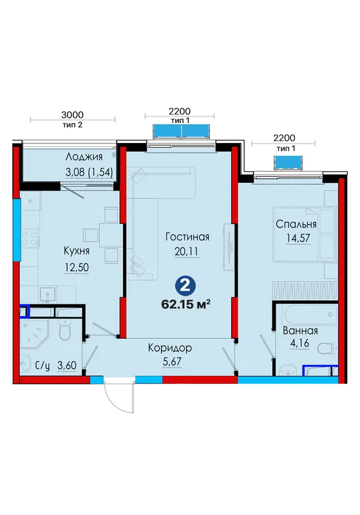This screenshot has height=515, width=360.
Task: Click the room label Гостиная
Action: [187, 237]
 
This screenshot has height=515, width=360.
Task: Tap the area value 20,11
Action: [187, 252]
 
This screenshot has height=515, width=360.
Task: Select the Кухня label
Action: [76, 251]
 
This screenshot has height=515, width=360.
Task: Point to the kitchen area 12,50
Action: [77, 267]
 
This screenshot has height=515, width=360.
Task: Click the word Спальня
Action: [296, 224]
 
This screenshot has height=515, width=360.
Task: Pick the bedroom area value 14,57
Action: [298, 238]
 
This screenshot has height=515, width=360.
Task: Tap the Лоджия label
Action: [84, 156]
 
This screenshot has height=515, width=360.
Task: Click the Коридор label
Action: [170, 348]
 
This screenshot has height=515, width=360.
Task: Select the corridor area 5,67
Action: [172, 362]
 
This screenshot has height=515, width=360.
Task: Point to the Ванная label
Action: [300, 330]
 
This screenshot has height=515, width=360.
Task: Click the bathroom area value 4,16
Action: [299, 343]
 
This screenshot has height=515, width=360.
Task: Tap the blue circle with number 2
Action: [185, 286]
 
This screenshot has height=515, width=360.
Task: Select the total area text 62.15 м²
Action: [185, 304]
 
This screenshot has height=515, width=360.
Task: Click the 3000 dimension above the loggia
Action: [72, 115]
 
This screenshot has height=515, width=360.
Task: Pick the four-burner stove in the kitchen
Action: [30, 238]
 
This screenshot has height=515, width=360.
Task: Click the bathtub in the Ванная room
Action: [310, 314]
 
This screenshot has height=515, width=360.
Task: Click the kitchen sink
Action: [48, 295]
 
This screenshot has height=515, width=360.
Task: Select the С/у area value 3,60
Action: [67, 365]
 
